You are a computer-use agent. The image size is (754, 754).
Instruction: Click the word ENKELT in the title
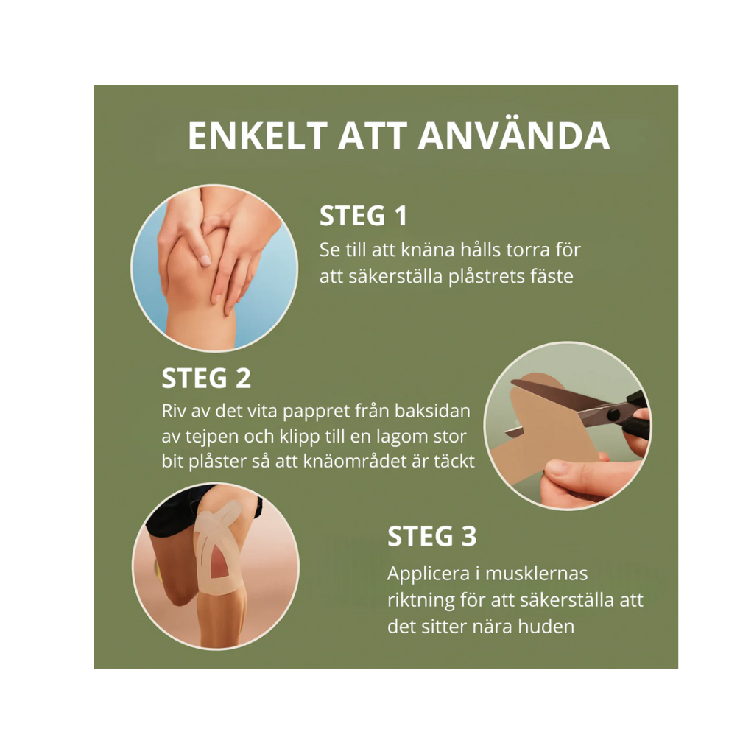(x=258, y=136)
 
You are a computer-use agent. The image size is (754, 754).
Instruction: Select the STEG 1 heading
(x=364, y=216)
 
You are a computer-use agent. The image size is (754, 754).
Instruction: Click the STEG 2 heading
(x=206, y=378)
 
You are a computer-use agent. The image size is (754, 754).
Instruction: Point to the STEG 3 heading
(x=431, y=536)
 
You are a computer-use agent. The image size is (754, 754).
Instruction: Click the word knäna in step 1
(x=428, y=250)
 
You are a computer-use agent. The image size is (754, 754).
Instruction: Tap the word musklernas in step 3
(x=537, y=574)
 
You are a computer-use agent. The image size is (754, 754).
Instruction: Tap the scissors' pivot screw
(x=613, y=414)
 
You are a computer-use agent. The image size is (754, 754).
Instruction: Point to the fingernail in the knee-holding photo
(x=205, y=260)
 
